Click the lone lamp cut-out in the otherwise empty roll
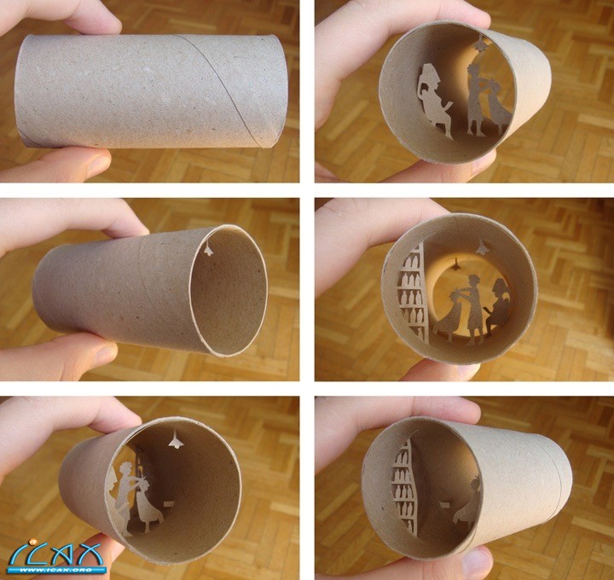tap(208, 248)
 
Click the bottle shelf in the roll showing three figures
tap(413, 293)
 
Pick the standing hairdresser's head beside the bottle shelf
tap(473, 281)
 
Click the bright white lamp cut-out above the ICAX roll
tap(177, 440)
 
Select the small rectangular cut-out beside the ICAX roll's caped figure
tap(169, 503)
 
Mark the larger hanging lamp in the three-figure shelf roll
tap(483, 246)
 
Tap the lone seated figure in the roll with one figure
tap(466, 505)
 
